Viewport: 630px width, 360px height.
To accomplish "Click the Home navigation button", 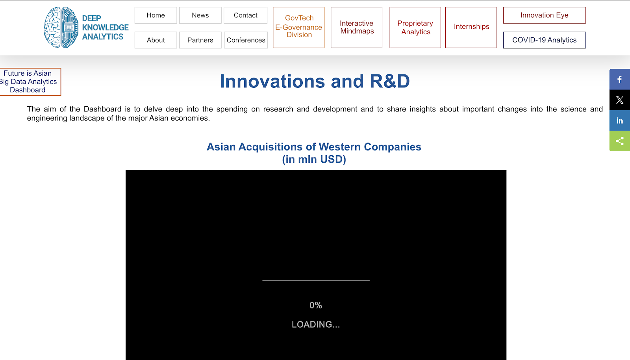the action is pyautogui.click(x=156, y=15).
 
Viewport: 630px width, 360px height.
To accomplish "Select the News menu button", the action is pyautogui.click(x=200, y=15).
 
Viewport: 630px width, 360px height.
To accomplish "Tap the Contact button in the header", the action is pyautogui.click(x=246, y=15).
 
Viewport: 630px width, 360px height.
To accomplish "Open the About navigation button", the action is pyautogui.click(x=156, y=40).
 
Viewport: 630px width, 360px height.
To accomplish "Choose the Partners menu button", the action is pyautogui.click(x=200, y=40).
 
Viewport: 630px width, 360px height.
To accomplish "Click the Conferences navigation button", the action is pyautogui.click(x=246, y=40).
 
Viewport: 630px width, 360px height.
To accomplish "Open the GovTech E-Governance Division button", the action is pyautogui.click(x=299, y=27).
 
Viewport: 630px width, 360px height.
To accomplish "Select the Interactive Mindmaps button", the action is pyautogui.click(x=357, y=27).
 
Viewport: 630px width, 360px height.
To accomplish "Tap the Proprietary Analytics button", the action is pyautogui.click(x=415, y=27).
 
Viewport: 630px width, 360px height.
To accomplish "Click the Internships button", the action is pyautogui.click(x=471, y=27).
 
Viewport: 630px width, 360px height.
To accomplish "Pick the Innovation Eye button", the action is pyautogui.click(x=545, y=15).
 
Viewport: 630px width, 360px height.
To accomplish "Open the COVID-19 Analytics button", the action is pyautogui.click(x=545, y=40).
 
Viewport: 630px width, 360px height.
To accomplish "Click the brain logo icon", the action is pyautogui.click(x=61, y=27).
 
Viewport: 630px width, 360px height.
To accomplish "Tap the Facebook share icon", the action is pyautogui.click(x=620, y=79).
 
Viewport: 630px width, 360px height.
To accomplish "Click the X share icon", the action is pyautogui.click(x=620, y=100).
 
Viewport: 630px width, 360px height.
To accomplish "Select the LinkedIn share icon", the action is pyautogui.click(x=620, y=121).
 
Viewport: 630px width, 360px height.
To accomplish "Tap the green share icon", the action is pyautogui.click(x=620, y=141).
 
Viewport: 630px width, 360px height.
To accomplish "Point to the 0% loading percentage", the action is pyautogui.click(x=315, y=305).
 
